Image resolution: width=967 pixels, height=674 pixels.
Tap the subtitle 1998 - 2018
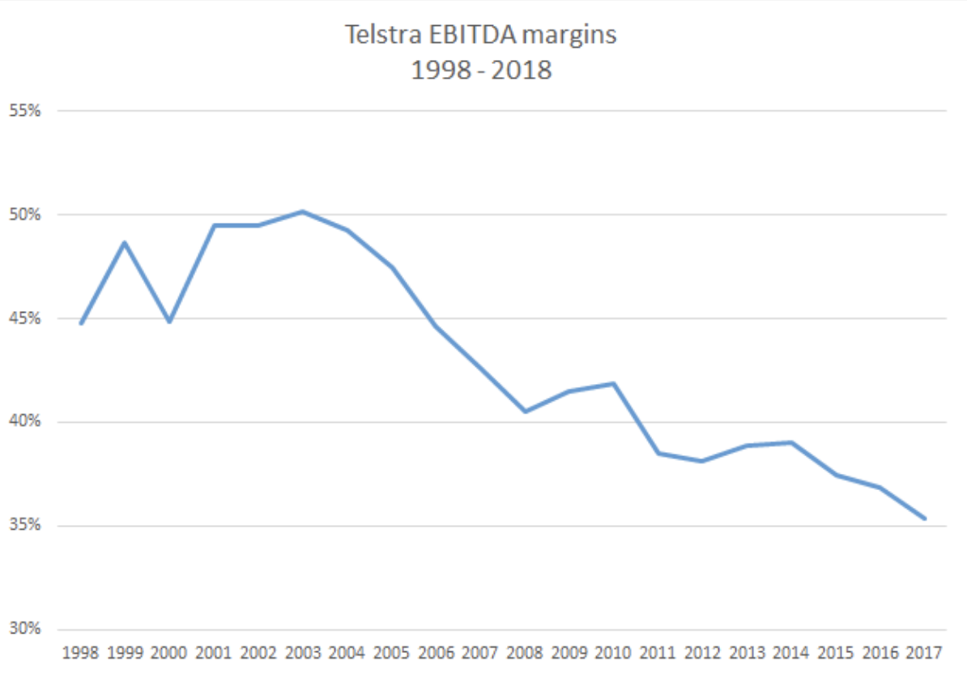pos(481,70)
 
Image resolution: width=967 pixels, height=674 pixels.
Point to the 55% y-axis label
pos(24,111)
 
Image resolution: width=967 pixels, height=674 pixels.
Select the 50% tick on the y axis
pos(24,215)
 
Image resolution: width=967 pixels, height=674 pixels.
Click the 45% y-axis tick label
pos(24,318)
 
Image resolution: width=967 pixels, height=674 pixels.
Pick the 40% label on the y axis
pos(24,422)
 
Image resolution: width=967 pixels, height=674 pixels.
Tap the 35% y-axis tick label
pos(24,526)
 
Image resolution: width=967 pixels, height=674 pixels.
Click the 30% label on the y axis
pos(24,629)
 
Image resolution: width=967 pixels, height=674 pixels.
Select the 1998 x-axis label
pos(80,652)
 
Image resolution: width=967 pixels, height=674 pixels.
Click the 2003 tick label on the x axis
pos(302,652)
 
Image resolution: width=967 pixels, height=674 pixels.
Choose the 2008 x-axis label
pos(525,652)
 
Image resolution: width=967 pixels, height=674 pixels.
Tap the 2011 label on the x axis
pos(658,652)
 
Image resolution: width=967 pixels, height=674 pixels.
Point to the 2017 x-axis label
pos(924,652)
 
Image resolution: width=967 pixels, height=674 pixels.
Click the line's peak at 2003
pos(302,211)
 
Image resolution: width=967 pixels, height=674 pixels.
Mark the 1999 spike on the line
pos(125,242)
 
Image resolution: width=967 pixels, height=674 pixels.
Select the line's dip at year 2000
pos(169,322)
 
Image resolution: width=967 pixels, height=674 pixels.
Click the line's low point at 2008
pos(525,412)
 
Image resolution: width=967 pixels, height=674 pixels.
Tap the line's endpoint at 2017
pos(924,518)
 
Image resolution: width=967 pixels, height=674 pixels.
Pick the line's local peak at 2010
pos(614,383)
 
